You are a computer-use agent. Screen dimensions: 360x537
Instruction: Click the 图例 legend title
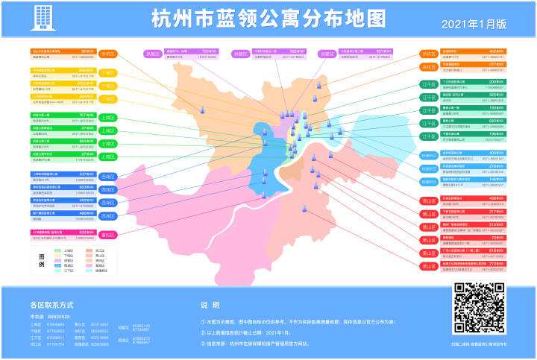coord(42,260)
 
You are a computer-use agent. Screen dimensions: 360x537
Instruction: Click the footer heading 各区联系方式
coord(51,306)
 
